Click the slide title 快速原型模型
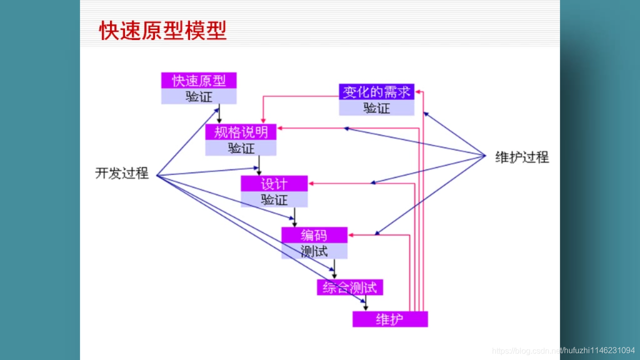[x=163, y=30]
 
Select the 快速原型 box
[x=198, y=80]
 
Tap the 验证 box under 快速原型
[x=198, y=96]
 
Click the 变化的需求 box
[x=376, y=91]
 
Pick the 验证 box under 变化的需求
[x=376, y=108]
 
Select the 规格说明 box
[x=240, y=132]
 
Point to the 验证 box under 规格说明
[x=240, y=148]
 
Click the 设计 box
[x=274, y=183]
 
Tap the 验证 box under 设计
[x=274, y=199]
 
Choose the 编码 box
[x=314, y=235]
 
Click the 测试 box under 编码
[x=314, y=251]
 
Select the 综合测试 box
[x=349, y=287]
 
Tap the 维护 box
[x=390, y=319]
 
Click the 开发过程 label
[x=122, y=173]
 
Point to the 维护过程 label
[x=522, y=157]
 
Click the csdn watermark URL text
[x=563, y=350]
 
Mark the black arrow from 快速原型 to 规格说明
[x=219, y=114]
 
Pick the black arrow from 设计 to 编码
[x=294, y=217]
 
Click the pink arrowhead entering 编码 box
[x=351, y=235]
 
